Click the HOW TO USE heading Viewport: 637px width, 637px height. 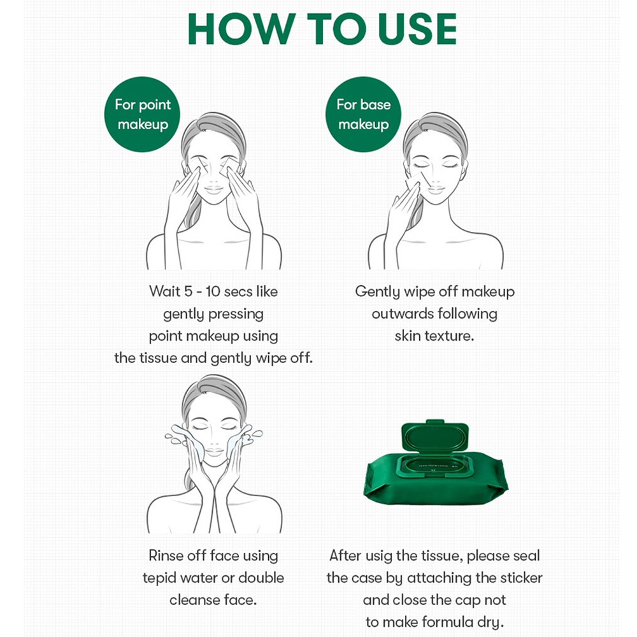[322, 29]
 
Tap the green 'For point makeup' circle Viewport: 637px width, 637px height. [142, 114]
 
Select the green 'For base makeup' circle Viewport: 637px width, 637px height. [363, 114]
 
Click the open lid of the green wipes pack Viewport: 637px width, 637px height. [434, 437]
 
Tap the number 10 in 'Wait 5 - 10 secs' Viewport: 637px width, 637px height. [213, 291]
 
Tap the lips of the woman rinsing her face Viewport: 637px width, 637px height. [213, 450]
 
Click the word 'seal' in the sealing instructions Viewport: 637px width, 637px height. [527, 555]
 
